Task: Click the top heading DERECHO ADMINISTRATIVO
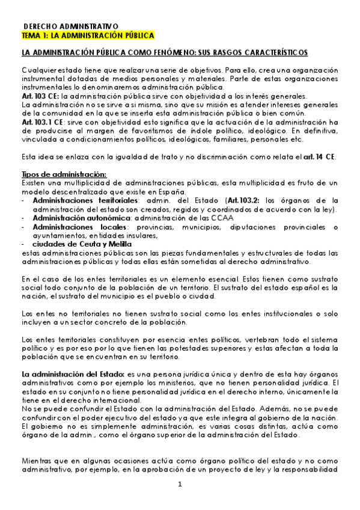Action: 71,27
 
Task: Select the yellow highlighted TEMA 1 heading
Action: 88,35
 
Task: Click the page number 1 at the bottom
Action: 180,485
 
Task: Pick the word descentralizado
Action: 85,191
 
